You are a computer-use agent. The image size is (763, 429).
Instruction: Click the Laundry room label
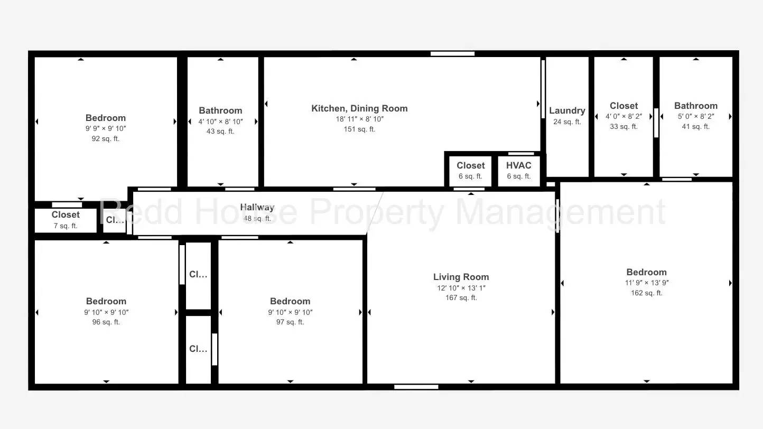click(x=567, y=110)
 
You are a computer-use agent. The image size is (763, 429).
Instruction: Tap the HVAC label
click(x=518, y=165)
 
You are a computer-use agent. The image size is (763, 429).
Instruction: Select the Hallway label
click(x=257, y=207)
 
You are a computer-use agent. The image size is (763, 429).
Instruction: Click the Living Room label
click(x=461, y=277)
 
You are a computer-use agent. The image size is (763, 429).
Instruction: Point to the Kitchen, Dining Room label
click(x=359, y=109)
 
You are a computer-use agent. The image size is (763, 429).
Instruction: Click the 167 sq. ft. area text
click(x=461, y=297)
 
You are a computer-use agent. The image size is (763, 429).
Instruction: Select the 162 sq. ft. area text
click(x=647, y=293)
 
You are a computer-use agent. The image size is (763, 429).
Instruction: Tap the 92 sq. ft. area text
click(x=106, y=138)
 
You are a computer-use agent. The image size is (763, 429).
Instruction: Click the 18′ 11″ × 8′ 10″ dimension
click(x=360, y=119)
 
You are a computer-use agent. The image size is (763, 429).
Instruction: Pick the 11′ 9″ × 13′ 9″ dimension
click(x=647, y=283)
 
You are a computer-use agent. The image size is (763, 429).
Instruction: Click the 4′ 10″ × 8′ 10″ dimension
click(x=221, y=122)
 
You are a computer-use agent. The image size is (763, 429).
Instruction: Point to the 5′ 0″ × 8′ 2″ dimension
click(x=696, y=116)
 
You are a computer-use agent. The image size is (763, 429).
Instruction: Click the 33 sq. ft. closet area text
click(x=624, y=126)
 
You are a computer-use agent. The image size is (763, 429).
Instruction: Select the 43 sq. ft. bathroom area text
click(x=220, y=131)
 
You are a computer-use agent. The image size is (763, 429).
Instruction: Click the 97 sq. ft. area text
click(x=290, y=322)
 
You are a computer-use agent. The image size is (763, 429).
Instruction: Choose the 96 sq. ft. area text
click(x=106, y=322)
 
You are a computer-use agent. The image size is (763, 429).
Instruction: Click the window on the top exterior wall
click(x=452, y=54)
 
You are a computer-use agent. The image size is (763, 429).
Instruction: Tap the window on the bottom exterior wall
click(x=416, y=387)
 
